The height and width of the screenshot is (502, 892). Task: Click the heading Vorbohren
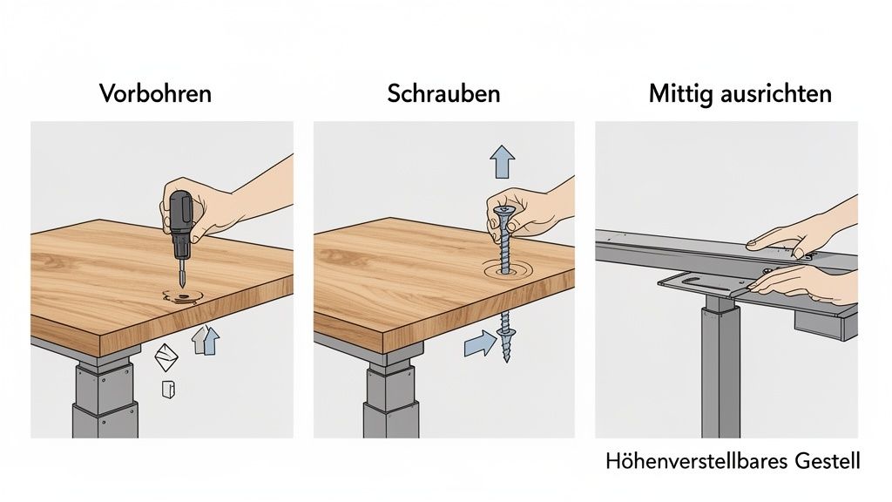click(155, 94)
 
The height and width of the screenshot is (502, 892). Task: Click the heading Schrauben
click(443, 94)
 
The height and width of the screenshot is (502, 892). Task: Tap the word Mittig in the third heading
click(681, 94)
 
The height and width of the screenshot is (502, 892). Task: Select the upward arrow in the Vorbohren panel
click(206, 340)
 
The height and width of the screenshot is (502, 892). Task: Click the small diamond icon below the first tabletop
click(166, 357)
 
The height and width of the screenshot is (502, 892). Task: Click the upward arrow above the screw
click(503, 162)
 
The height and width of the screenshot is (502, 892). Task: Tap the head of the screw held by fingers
click(503, 210)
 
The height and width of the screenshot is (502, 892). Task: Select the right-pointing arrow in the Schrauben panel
click(476, 343)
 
